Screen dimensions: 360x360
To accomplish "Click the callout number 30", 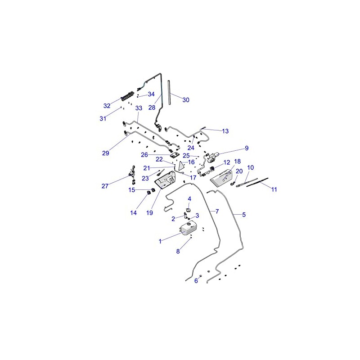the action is pyautogui.click(x=186, y=100).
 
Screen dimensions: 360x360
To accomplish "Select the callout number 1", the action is pyautogui.click(x=160, y=241).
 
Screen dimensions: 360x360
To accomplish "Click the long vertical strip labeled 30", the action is pyautogui.click(x=170, y=93).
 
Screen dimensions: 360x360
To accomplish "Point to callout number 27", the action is pyautogui.click(x=105, y=186).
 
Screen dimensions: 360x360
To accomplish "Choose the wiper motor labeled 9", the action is pyautogui.click(x=212, y=157).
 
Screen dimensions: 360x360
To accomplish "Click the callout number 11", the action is pyautogui.click(x=274, y=189).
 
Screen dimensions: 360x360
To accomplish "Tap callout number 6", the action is pyautogui.click(x=196, y=280).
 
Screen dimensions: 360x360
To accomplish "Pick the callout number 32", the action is pyautogui.click(x=107, y=106).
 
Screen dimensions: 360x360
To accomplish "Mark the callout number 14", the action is pyautogui.click(x=133, y=213).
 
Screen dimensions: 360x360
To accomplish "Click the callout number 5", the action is pyautogui.click(x=244, y=215).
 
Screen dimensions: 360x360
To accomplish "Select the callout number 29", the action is pyautogui.click(x=106, y=153).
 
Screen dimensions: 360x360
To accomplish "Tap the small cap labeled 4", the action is pyautogui.click(x=189, y=210).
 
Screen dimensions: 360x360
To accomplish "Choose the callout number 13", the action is pyautogui.click(x=225, y=131).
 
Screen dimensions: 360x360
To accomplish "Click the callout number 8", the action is pyautogui.click(x=178, y=251).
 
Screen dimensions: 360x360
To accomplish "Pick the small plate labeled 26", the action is pyautogui.click(x=175, y=155).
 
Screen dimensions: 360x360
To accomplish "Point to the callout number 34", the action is pyautogui.click(x=151, y=94).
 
